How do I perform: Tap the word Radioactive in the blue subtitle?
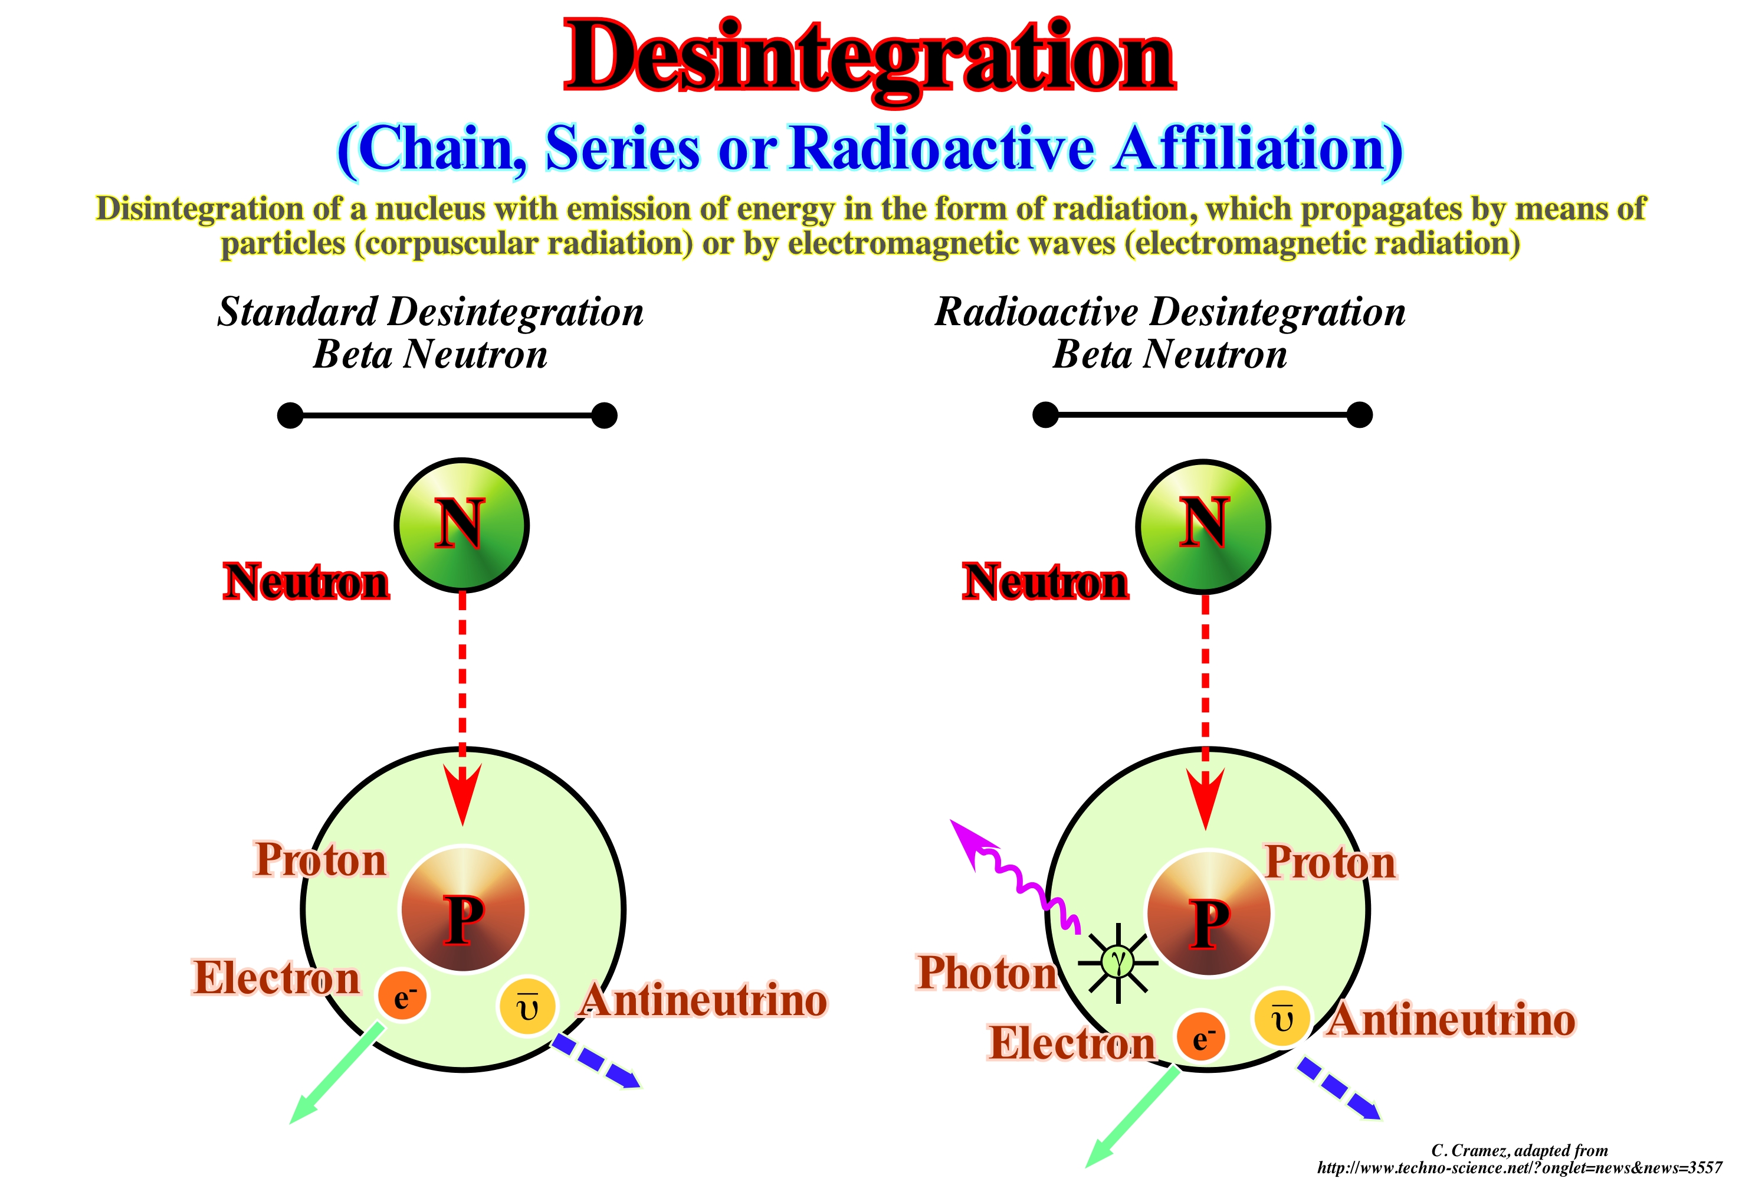941,149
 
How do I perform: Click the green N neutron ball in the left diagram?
462,525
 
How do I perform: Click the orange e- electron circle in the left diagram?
402,996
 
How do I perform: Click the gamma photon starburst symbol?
1118,961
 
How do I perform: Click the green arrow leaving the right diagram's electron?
1132,1118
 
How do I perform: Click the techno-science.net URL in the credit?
1518,1168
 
